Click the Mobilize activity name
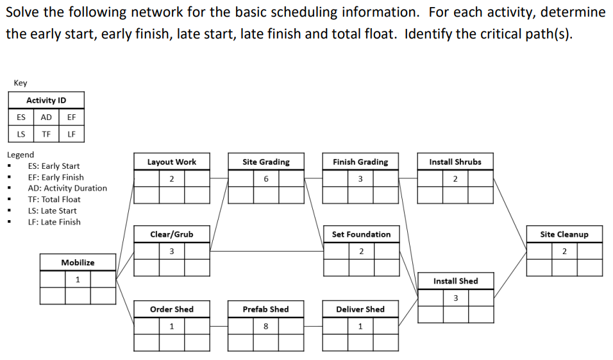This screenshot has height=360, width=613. [78, 262]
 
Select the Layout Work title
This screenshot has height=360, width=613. [172, 162]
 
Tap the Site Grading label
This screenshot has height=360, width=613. [266, 162]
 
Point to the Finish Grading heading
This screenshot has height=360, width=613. [360, 162]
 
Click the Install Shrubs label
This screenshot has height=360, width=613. [455, 162]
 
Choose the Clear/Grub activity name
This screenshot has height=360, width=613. [171, 234]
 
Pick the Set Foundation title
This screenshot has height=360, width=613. [361, 234]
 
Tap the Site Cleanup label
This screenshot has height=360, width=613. [564, 234]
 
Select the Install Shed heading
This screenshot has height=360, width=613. [455, 281]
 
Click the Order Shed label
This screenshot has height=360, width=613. [171, 309]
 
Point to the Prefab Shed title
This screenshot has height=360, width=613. [265, 309]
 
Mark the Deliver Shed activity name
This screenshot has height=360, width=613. [360, 309]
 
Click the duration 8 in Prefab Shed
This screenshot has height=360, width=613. [265, 326]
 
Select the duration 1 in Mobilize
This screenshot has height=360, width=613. [78, 279]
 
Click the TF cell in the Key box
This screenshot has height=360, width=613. [46, 134]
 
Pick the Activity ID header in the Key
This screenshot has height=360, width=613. [46, 100]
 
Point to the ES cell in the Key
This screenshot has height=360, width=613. [21, 117]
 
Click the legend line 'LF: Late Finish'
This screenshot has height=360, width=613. [54, 222]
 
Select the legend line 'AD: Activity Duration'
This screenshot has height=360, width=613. [67, 188]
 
